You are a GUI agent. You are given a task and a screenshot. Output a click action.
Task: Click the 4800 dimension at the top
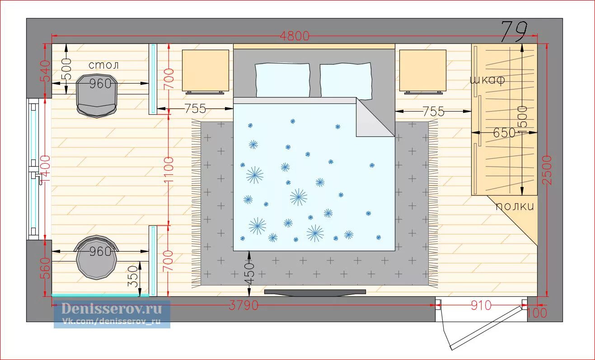(x=295, y=36)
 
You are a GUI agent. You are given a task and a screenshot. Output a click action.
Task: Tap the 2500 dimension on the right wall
(x=547, y=170)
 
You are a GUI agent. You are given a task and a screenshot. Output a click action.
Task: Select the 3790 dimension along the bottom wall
(x=244, y=305)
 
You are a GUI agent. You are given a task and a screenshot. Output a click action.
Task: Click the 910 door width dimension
(x=481, y=306)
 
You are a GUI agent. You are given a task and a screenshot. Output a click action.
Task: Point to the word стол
(x=103, y=65)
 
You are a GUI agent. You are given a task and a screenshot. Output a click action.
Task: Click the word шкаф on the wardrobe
(x=487, y=79)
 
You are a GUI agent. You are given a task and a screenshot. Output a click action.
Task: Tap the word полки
(x=515, y=206)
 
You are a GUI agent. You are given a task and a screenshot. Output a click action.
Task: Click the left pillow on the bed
(x=282, y=80)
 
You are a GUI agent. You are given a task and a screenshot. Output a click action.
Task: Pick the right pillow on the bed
(x=346, y=81)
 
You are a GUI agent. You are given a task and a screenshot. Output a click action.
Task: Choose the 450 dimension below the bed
(x=249, y=274)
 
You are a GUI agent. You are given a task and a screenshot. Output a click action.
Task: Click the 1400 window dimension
(x=45, y=169)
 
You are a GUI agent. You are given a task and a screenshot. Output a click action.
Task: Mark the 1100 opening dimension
(x=169, y=170)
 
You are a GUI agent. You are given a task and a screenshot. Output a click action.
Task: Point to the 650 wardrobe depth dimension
(x=504, y=132)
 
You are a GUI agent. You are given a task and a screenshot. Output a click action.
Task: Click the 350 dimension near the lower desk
(x=133, y=276)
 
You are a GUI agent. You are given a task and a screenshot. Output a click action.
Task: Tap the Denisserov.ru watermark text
(x=112, y=309)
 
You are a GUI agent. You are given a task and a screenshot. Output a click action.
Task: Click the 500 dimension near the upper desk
(x=66, y=69)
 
